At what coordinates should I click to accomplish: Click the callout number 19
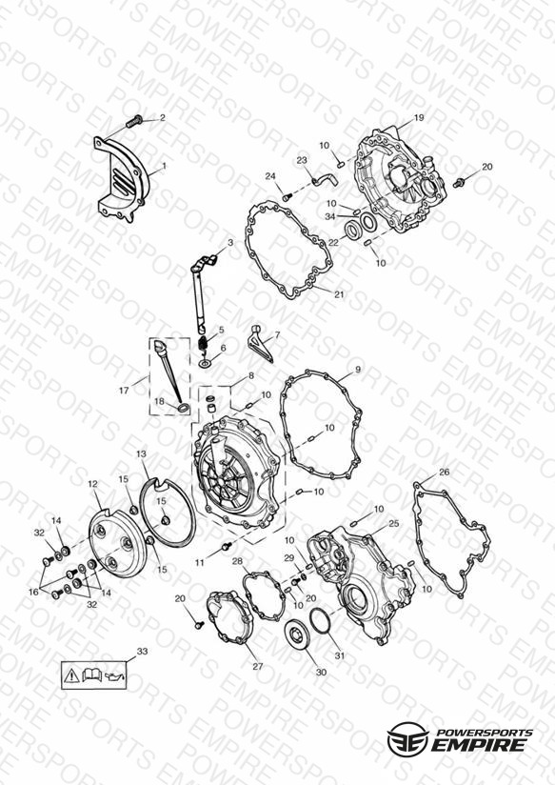[x=419, y=117]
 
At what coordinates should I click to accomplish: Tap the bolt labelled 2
[x=134, y=121]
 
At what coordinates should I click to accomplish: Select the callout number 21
[x=339, y=294]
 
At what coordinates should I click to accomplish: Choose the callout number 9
[x=357, y=370]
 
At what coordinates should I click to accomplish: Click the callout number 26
[x=444, y=472]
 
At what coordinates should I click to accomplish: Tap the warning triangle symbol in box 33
[x=71, y=675]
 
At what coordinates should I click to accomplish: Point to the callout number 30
[x=321, y=672]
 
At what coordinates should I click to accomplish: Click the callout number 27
[x=257, y=666]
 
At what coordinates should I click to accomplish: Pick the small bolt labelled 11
[x=227, y=545]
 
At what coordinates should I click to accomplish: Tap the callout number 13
[x=141, y=453]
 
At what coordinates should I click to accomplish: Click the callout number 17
[x=124, y=391]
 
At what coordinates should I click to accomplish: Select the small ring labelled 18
[x=184, y=408]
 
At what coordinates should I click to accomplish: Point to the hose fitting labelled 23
[x=325, y=179]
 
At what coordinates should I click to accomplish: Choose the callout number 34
[x=329, y=217]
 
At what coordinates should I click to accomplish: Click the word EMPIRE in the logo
[x=481, y=744]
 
